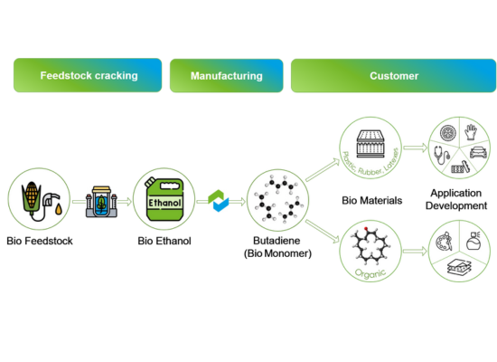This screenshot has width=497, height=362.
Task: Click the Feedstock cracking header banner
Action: coord(88,76)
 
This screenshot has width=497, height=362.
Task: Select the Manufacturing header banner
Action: coord(226,76)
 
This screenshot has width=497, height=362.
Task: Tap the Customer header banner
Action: coord(393,76)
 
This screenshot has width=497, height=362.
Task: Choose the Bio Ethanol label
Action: coord(164,241)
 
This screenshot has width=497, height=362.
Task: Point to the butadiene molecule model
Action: coord(278,202)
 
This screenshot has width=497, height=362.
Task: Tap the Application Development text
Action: coord(458,199)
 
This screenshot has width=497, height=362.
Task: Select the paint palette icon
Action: coord(445,245)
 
